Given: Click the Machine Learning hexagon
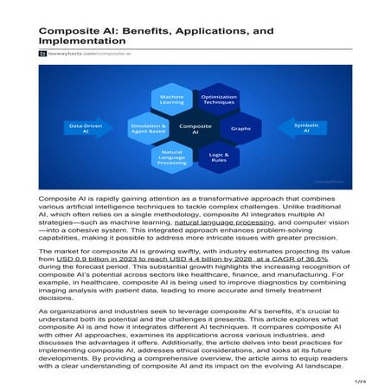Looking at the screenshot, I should [171, 101].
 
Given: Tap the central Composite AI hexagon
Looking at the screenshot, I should [194, 129].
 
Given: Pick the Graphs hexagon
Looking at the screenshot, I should [241, 129].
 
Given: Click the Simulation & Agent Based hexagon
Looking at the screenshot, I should [146, 129].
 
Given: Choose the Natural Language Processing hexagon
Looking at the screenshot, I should [171, 157].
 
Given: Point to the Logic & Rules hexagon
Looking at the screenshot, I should [217, 157].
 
